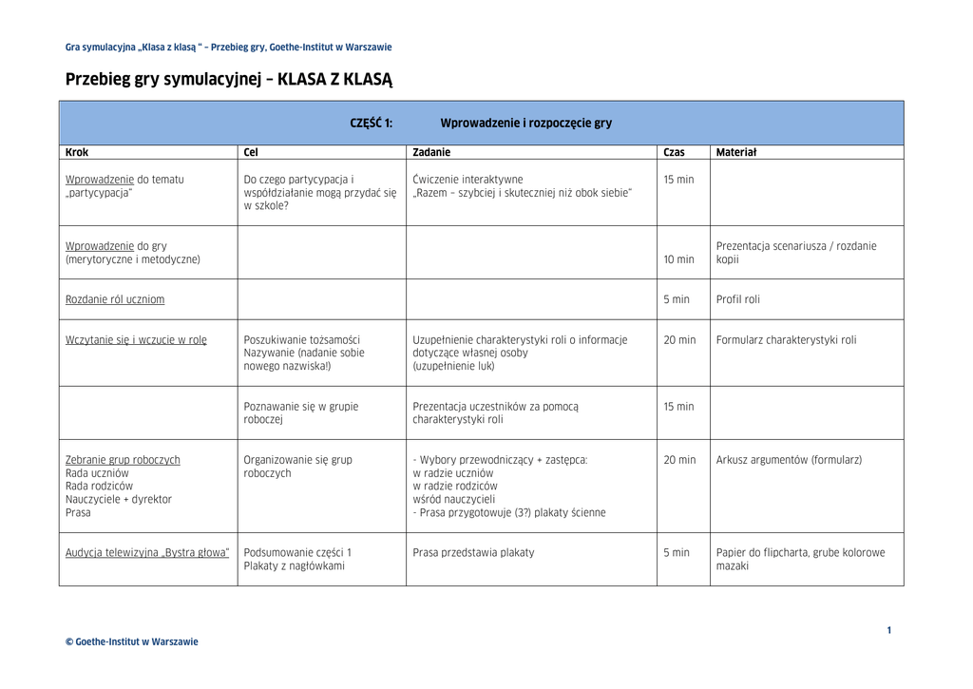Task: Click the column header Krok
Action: pos(77,152)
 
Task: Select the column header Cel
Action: pos(251,152)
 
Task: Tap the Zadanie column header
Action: pos(431,152)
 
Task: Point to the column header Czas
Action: pos(674,152)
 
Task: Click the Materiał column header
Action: pos(735,152)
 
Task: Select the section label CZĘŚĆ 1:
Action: pos(372,124)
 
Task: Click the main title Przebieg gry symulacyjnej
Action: pos(228,80)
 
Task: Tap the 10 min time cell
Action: pos(678,259)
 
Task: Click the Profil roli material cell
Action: pos(737,299)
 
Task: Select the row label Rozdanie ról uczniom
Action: pos(115,299)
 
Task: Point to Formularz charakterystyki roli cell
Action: pos(786,340)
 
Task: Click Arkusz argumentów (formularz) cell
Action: pos(789,460)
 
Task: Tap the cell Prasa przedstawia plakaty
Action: pos(473,553)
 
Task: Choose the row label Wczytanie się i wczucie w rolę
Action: pos(136,340)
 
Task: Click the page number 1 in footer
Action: pos(889,630)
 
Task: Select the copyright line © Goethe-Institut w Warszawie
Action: pos(132,641)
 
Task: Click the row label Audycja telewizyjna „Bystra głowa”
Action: pos(147,553)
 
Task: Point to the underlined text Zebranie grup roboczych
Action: pos(123,460)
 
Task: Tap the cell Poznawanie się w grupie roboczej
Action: pos(301,412)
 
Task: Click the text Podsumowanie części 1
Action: pos(297,553)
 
